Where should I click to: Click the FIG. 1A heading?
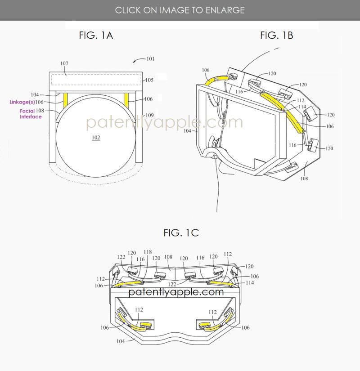point(96,36)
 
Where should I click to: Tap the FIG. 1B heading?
point(277,36)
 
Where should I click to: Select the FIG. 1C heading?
point(181,233)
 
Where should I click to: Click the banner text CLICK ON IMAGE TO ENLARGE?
point(180,10)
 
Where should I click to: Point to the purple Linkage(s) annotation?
point(22,102)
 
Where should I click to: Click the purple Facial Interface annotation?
point(31,114)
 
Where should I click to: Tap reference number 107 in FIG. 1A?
point(64,63)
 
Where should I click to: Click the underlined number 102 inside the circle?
point(96,138)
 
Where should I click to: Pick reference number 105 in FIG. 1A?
point(149,80)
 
